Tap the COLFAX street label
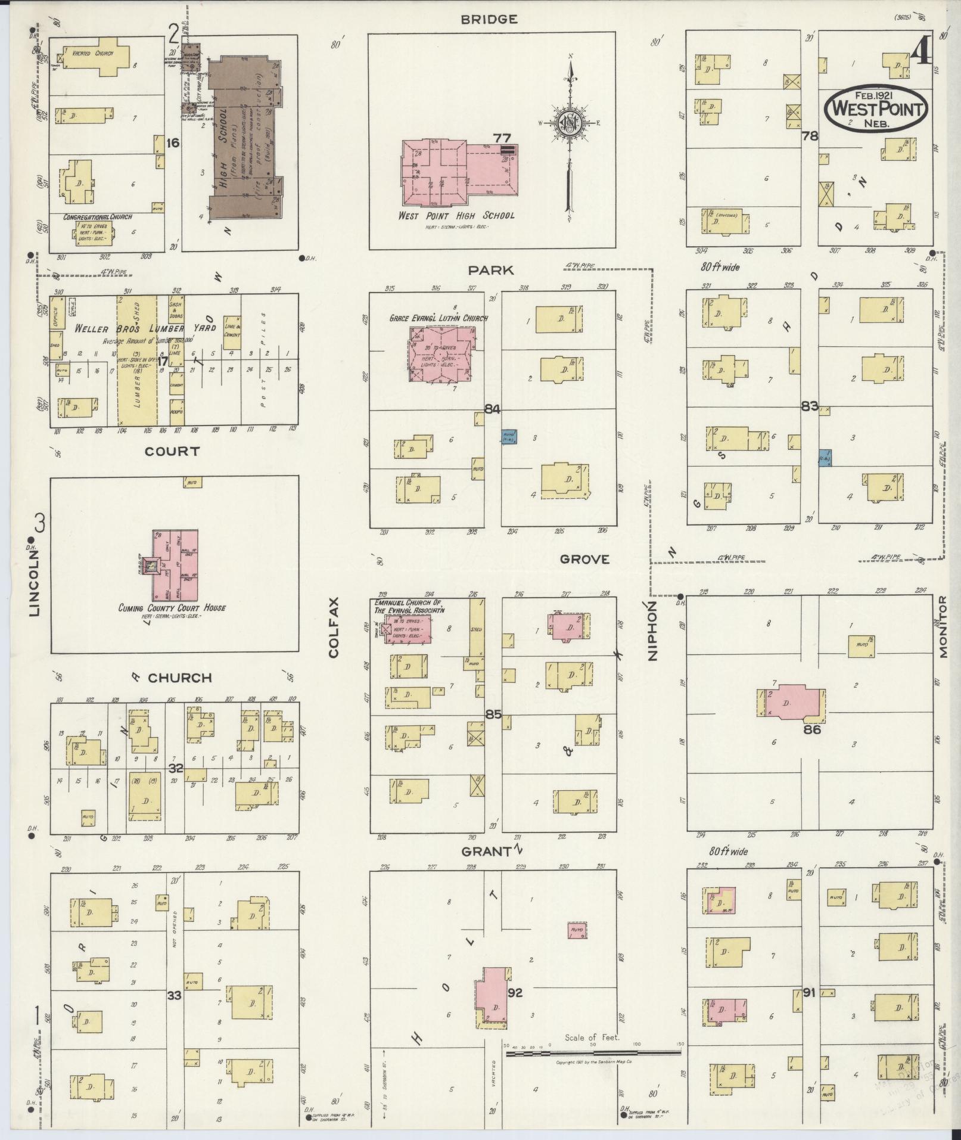tap(333, 627)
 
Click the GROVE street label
tap(584, 559)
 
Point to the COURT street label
tap(172, 451)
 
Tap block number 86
tap(812, 729)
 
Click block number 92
tap(515, 993)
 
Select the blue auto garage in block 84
tap(509, 437)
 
